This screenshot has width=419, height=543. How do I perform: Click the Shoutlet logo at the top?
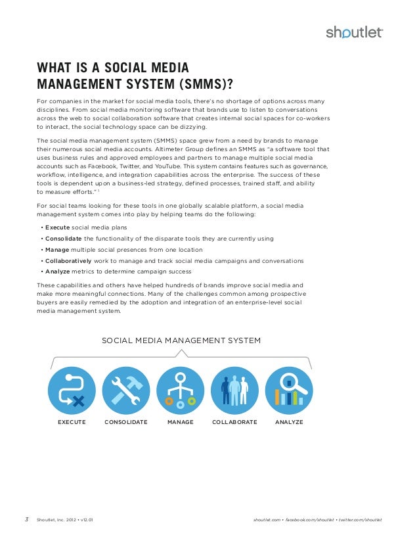tap(354, 33)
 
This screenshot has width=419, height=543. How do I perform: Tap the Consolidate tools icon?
tap(125, 390)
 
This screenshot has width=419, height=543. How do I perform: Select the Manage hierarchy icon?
tap(180, 390)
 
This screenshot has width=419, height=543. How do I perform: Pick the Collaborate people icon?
tap(234, 390)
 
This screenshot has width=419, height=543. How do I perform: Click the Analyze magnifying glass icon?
tap(289, 390)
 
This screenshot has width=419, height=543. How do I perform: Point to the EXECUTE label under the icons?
tap(72, 422)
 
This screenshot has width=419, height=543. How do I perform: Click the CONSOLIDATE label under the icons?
tap(125, 422)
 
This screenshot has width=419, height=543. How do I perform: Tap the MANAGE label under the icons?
tap(180, 422)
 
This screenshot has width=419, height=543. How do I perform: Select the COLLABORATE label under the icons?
tap(234, 422)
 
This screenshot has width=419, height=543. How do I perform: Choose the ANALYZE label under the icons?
tap(289, 422)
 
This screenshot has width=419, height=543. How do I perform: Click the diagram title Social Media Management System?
tap(181, 341)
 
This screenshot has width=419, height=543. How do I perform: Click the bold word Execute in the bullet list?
tap(57, 227)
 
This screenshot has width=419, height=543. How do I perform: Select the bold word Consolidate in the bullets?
tap(64, 238)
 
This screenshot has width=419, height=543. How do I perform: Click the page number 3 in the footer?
tap(27, 520)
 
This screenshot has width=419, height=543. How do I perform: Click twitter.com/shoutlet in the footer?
tap(361, 520)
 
